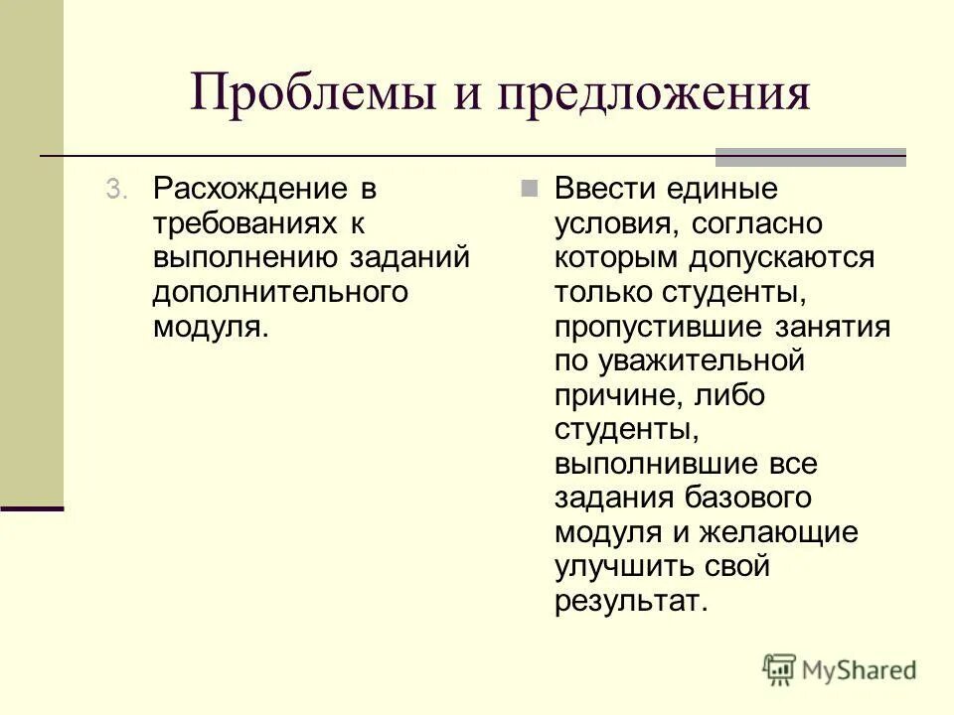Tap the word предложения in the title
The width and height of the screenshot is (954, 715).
point(657,94)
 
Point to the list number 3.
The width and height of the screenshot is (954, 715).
point(117,190)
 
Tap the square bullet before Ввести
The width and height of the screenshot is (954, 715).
point(531,189)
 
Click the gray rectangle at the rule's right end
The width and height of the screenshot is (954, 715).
point(811,157)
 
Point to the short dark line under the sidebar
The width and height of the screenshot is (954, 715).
point(31,508)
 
